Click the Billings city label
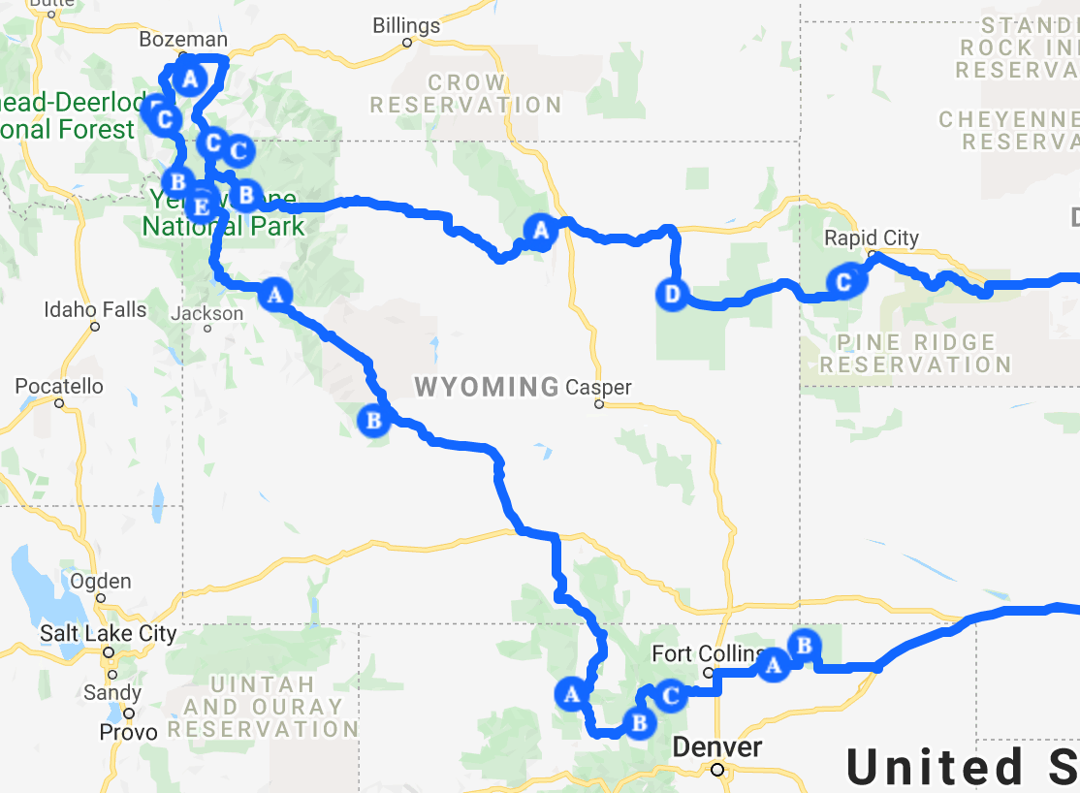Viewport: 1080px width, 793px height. [406, 26]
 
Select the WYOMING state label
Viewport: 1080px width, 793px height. [487, 388]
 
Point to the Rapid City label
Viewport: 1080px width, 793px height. [871, 238]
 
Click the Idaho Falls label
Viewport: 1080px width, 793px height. [95, 310]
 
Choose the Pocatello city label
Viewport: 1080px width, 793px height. [59, 387]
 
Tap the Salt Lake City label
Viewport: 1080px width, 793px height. [108, 635]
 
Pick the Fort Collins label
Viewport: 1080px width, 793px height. [705, 654]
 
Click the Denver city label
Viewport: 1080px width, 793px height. [716, 747]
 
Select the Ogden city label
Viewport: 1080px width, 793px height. [101, 582]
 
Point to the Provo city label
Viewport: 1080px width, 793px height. [129, 732]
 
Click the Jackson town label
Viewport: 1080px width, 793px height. [206, 314]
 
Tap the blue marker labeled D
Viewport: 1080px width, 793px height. [673, 293]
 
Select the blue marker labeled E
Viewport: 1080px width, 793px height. [200, 206]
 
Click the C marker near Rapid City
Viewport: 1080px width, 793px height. [843, 281]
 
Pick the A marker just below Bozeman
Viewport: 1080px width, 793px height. [190, 77]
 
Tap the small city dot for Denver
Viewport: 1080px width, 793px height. [716, 770]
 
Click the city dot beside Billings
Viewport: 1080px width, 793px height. [407, 43]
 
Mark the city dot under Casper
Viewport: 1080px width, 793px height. [599, 404]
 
